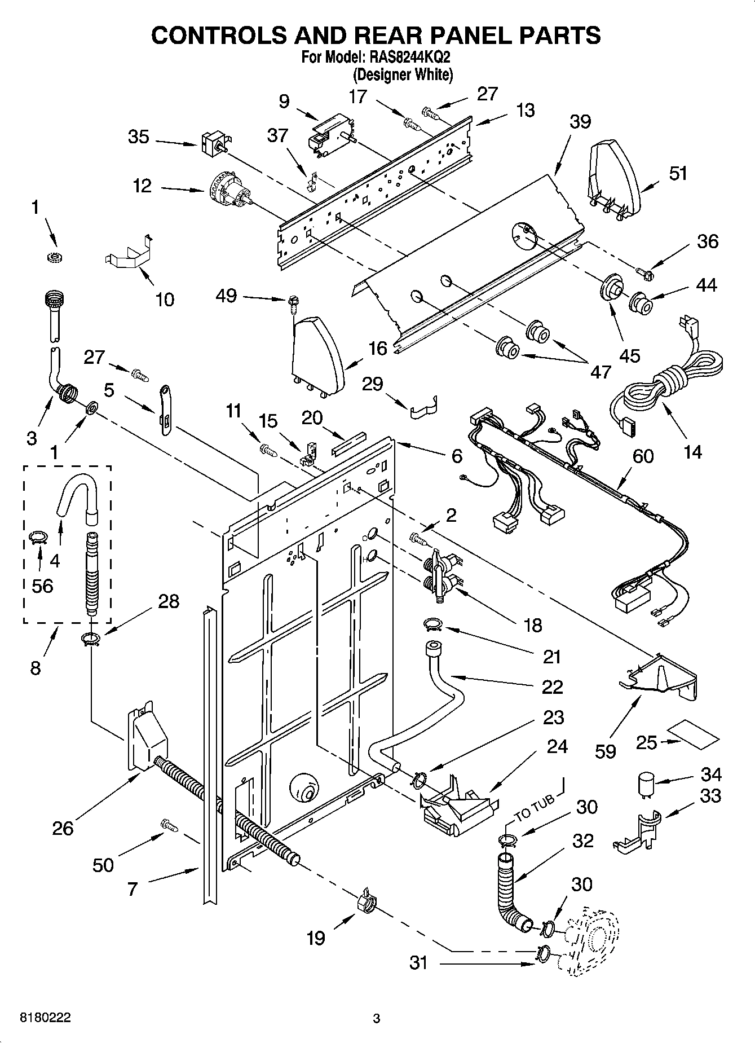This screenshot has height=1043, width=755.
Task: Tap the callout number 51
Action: click(x=678, y=173)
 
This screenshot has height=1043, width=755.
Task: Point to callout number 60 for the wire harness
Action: click(x=643, y=456)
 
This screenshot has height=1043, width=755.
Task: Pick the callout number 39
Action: click(x=580, y=122)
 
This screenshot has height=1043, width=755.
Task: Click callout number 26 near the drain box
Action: click(x=63, y=829)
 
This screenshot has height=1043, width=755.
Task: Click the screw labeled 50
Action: click(x=169, y=825)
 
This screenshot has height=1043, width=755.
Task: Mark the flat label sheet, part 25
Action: click(x=694, y=735)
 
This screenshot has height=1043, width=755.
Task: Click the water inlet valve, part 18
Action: click(x=440, y=573)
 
